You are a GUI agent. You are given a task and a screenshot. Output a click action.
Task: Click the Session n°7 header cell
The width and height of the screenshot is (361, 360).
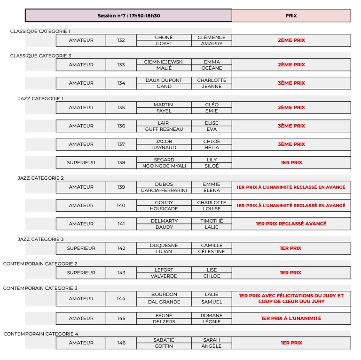(128, 16)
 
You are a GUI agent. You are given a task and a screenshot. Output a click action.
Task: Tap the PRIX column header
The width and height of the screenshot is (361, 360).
(291, 16)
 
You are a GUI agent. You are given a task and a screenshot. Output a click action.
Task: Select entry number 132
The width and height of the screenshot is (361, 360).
(121, 40)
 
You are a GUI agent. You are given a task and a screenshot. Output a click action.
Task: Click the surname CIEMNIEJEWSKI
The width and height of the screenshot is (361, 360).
(164, 62)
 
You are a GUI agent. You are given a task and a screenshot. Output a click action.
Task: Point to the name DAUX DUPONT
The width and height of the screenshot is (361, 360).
(164, 80)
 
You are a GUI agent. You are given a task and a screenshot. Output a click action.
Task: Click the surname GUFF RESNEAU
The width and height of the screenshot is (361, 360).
(164, 129)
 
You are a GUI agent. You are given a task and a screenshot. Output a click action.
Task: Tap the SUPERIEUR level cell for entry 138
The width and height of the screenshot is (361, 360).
(81, 163)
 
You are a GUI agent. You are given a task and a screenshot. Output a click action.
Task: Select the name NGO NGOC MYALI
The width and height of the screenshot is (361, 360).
(164, 166)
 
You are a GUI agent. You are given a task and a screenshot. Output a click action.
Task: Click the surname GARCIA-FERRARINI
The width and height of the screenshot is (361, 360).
(164, 190)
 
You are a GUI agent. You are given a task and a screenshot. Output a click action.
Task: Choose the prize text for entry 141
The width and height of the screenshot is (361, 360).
(291, 224)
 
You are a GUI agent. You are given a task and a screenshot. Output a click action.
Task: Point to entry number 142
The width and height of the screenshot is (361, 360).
(121, 248)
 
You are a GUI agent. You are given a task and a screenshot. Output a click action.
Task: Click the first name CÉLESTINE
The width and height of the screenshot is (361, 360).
(212, 251)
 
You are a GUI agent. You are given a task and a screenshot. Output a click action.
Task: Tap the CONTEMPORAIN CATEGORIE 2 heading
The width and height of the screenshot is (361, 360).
(40, 264)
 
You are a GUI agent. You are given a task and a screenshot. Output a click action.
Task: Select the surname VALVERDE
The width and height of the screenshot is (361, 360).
(164, 276)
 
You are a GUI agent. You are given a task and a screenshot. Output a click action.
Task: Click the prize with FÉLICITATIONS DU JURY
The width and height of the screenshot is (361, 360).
(291, 298)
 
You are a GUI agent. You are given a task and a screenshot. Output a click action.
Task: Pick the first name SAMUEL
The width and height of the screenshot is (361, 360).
(212, 302)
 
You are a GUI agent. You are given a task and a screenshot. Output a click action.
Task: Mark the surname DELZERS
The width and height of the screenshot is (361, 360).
(164, 321)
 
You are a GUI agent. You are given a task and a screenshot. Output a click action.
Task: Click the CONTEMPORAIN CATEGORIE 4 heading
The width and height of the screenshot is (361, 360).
(41, 334)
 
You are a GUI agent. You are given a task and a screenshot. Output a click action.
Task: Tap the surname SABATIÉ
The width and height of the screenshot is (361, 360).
(164, 340)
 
